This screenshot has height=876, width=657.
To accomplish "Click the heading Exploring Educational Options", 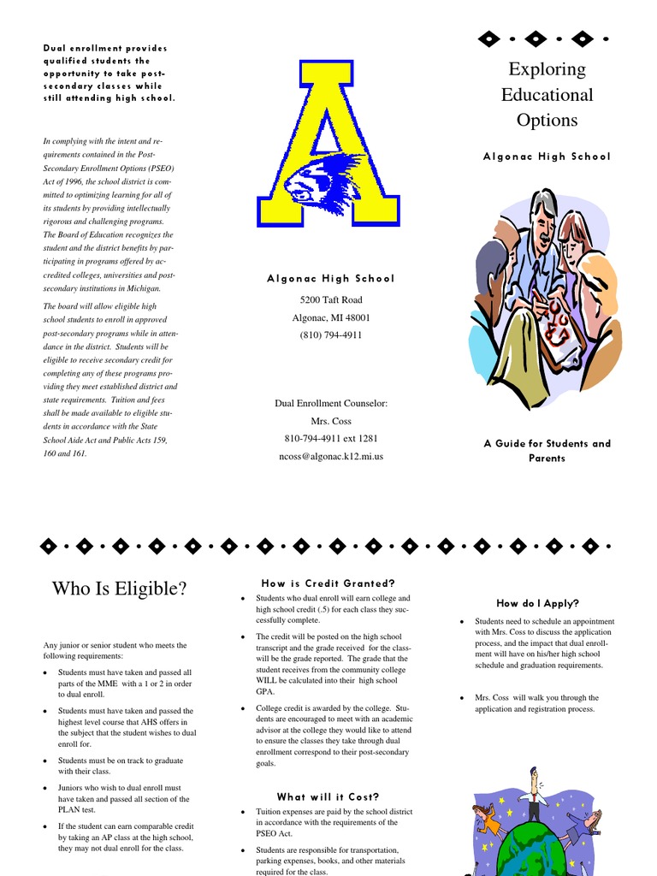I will [547, 94].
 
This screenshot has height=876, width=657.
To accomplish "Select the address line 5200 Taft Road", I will [330, 299].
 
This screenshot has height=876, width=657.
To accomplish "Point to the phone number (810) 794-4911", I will [330, 334].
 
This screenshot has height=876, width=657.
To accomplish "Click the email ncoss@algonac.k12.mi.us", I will [330, 456].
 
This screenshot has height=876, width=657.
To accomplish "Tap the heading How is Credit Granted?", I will [328, 583].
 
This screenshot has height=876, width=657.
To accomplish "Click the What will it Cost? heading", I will [328, 796].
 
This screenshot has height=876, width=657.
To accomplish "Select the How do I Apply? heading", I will [537, 603].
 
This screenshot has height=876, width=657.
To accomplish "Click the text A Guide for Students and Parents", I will [547, 450].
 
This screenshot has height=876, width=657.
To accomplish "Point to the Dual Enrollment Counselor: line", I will [330, 403].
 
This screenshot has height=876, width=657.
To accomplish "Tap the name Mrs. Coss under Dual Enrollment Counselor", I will [330, 421].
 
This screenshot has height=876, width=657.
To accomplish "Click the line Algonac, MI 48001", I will [330, 317].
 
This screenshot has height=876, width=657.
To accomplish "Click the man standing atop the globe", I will [534, 793].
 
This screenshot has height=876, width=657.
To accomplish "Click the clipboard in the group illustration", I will [556, 325].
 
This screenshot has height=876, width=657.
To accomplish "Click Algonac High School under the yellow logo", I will [330, 278].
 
